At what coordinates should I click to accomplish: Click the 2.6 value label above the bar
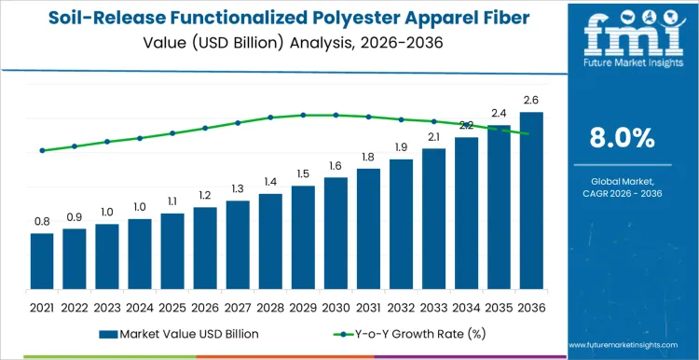click(x=531, y=101)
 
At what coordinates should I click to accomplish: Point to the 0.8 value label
click(x=42, y=222)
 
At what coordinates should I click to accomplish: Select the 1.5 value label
click(x=303, y=173)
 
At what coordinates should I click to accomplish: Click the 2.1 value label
click(x=433, y=137)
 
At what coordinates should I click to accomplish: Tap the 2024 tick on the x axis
click(x=140, y=306)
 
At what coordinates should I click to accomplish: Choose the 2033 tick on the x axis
click(x=433, y=306)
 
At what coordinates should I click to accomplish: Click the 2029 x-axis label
click(x=303, y=306)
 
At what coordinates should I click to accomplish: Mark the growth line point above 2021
click(x=42, y=150)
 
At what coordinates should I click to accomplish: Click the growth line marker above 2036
click(x=531, y=134)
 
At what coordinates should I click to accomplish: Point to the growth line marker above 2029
click(x=303, y=115)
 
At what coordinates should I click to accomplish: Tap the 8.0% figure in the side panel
click(x=623, y=138)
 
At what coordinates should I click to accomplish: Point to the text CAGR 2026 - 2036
click(x=623, y=192)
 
